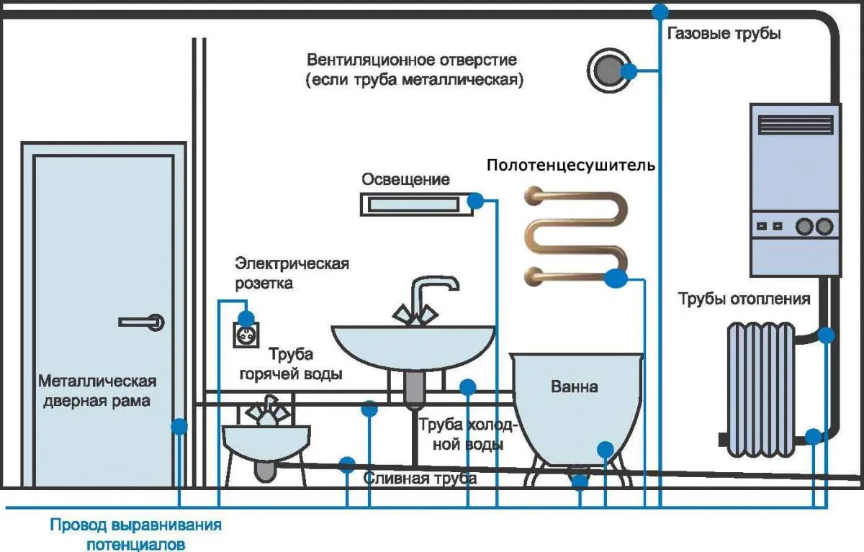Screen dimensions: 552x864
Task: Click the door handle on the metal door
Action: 143,322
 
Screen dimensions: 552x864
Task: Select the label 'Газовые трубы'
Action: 724,34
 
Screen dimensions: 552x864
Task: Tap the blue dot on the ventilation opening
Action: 629,71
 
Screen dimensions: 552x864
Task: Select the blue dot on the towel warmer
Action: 616,279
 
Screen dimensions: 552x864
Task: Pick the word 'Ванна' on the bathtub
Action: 574,386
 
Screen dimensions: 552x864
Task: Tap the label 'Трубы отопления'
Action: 744,299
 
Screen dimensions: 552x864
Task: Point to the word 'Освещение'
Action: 405,179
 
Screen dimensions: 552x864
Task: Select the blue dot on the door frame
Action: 179,426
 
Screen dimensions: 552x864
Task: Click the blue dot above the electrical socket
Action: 246,317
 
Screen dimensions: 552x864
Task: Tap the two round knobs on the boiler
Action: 814,227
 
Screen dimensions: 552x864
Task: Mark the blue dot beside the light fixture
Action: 476,201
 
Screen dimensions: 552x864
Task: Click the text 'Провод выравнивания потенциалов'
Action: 135,533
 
